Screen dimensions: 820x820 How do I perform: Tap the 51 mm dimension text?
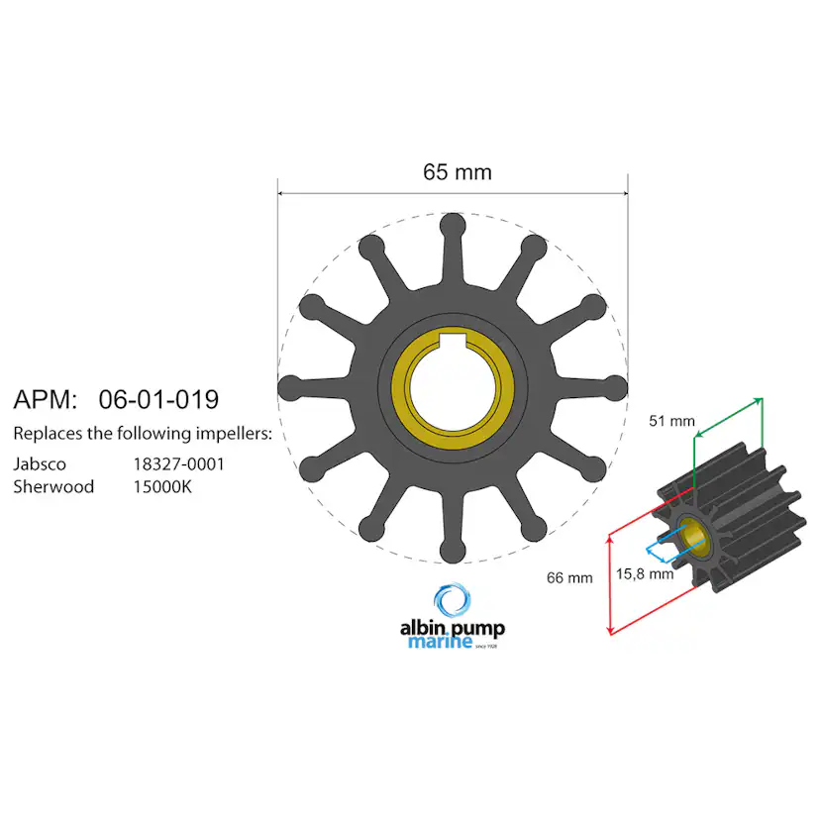click(x=672, y=420)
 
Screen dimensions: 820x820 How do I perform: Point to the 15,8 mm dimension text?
click(x=645, y=573)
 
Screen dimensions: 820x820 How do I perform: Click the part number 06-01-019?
click(x=158, y=400)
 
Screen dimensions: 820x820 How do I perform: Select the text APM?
click(x=45, y=400)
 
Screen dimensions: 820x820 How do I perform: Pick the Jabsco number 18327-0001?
click(x=179, y=462)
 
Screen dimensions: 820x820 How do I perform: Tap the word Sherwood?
click(x=53, y=486)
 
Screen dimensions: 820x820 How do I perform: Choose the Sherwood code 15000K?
click(x=164, y=486)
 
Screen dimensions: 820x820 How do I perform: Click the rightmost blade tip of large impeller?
click(x=617, y=385)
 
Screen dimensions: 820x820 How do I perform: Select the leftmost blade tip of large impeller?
click(x=289, y=385)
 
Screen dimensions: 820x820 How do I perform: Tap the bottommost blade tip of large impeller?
click(x=453, y=549)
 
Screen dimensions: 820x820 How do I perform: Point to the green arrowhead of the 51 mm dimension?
click(x=760, y=400)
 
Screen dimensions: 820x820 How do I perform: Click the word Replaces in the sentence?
click(x=46, y=434)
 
